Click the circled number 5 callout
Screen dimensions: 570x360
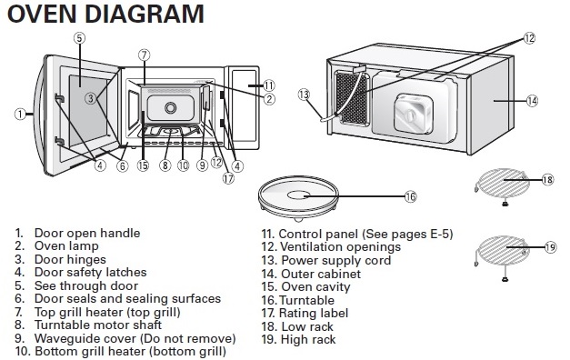click(80, 38)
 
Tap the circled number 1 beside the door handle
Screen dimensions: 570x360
click(20, 115)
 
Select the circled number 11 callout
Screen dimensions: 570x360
click(269, 85)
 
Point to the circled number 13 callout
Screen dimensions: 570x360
click(304, 95)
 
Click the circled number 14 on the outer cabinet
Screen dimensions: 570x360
click(532, 100)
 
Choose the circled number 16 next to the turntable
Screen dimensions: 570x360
click(410, 196)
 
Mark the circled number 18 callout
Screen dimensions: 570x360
click(547, 180)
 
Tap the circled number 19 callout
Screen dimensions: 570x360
click(550, 247)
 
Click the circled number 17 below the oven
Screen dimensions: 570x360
click(228, 178)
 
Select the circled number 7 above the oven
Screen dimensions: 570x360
click(144, 55)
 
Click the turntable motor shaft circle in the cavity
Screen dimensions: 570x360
click(170, 107)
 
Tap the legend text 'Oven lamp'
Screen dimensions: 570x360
click(66, 246)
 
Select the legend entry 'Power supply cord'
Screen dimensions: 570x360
click(336, 260)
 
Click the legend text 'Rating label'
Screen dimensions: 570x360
click(314, 313)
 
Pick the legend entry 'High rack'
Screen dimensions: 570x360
click(308, 340)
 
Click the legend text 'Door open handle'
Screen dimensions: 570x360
click(87, 233)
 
